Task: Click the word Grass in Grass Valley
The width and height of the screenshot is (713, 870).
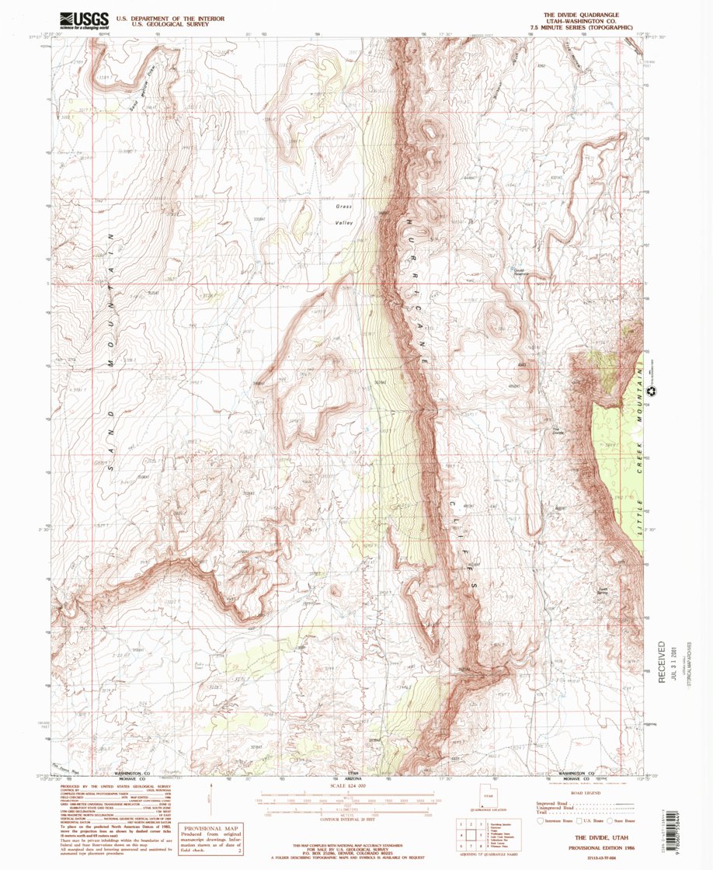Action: pyautogui.click(x=344, y=207)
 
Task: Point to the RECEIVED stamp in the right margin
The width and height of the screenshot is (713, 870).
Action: pyautogui.click(x=662, y=661)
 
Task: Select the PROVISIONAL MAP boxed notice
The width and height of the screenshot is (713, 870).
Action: pyautogui.click(x=210, y=838)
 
